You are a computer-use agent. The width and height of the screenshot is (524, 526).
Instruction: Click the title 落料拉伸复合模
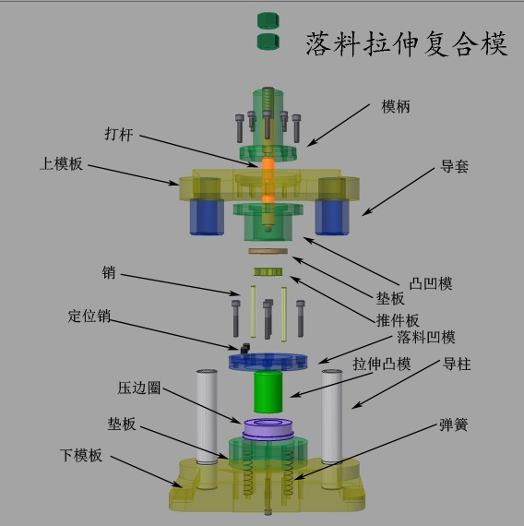(407, 44)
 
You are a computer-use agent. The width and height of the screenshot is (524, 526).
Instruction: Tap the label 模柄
(396, 107)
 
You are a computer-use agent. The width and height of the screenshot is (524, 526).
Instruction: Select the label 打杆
(119, 134)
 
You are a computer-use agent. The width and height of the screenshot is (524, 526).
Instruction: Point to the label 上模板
(61, 163)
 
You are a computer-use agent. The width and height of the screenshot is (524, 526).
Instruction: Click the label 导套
(454, 166)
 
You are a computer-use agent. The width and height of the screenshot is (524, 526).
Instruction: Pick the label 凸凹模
(431, 284)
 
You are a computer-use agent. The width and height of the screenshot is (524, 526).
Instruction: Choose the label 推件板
(398, 320)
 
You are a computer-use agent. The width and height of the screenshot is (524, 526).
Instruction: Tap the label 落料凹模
(426, 337)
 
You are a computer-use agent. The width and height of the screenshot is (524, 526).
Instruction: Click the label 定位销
(89, 316)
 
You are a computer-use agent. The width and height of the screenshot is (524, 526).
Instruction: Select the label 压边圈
(139, 388)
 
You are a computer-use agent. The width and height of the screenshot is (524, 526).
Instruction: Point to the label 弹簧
(454, 424)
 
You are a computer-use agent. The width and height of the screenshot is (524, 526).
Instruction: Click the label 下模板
(81, 455)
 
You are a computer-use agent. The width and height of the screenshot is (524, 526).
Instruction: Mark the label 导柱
(457, 364)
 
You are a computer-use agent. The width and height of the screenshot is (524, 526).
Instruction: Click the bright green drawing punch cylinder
(268, 392)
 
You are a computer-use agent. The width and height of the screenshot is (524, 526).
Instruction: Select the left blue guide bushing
(207, 217)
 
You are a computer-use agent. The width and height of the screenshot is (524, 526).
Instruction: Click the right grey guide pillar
(332, 416)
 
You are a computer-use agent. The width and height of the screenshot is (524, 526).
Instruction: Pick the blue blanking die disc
(268, 363)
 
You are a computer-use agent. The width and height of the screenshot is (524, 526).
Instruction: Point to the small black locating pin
(245, 348)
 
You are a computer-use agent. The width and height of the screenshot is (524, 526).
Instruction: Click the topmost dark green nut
(268, 20)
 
